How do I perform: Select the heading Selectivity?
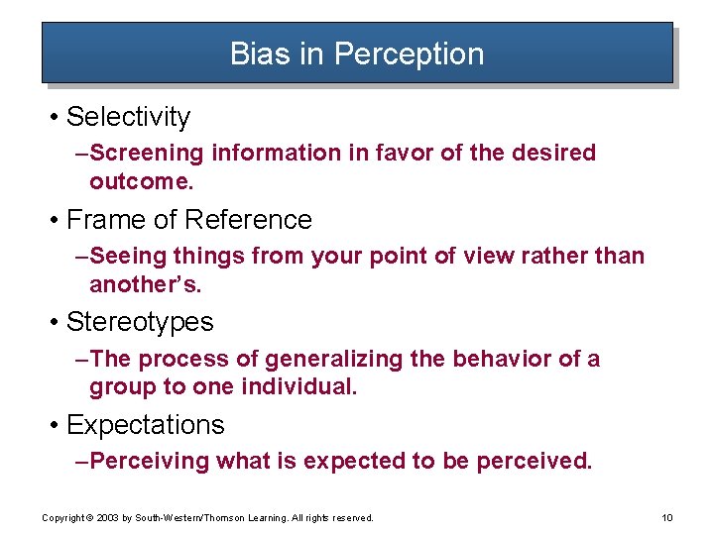click(x=128, y=117)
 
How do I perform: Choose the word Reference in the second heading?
click(x=248, y=220)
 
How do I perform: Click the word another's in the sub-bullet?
click(x=145, y=285)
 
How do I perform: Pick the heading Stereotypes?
click(x=140, y=323)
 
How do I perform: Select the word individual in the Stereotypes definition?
click(x=299, y=387)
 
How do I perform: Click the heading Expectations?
click(x=145, y=426)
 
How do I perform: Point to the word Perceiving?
click(x=150, y=462)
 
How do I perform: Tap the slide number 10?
click(x=665, y=518)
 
